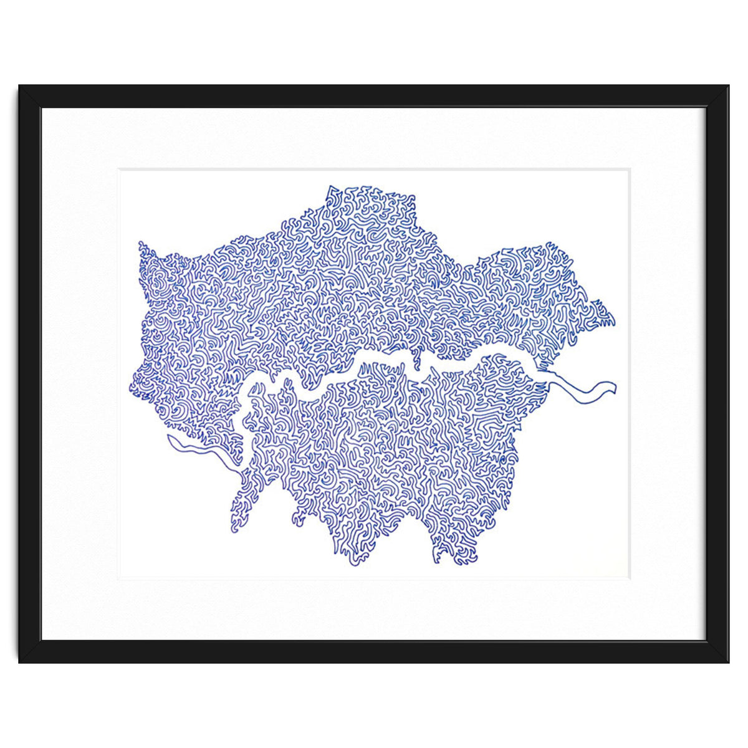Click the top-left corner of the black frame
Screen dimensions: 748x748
(x=19, y=85)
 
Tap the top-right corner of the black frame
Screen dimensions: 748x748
(x=729, y=85)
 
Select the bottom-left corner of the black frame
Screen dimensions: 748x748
(x=19, y=662)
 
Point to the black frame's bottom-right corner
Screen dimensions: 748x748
(x=729, y=662)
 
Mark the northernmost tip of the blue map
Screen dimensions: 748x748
(x=329, y=186)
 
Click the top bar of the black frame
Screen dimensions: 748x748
(x=374, y=97)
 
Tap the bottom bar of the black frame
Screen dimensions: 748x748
(x=374, y=651)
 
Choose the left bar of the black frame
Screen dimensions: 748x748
(x=30, y=374)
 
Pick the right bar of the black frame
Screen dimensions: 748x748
(x=717, y=374)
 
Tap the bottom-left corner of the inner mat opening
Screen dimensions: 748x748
(x=119, y=579)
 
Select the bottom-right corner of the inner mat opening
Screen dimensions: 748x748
(x=630, y=579)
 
